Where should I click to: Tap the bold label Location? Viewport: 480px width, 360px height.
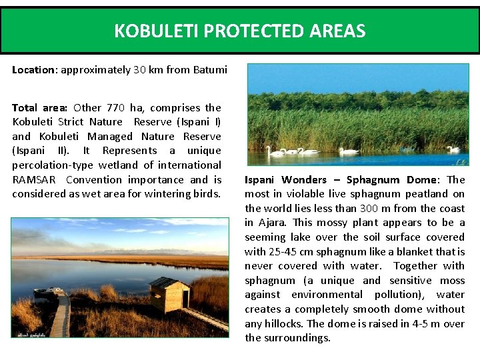click(x=35, y=70)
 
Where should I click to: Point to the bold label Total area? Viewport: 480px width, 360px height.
click(x=39, y=107)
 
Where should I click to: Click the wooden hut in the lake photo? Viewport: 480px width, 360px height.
click(x=169, y=294)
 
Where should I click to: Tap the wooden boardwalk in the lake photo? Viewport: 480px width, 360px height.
click(x=61, y=313)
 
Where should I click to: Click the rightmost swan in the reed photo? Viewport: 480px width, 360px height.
click(x=453, y=149)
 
